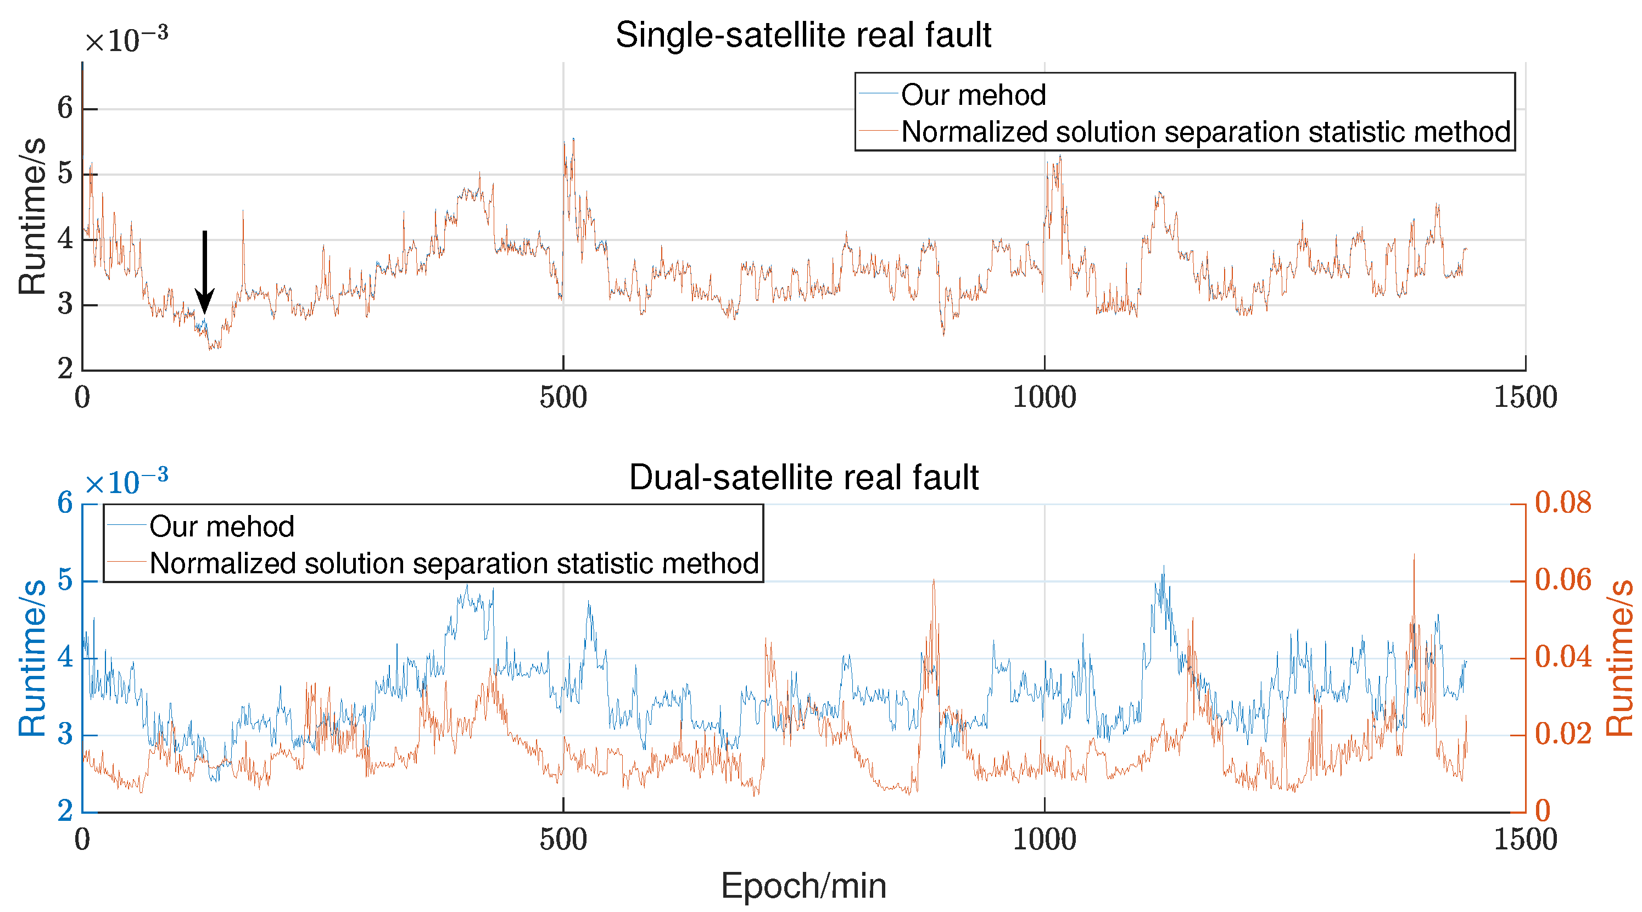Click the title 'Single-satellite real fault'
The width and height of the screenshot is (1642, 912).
point(802,35)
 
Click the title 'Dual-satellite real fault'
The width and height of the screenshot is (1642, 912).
point(803,477)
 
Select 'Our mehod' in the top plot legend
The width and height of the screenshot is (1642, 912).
point(973,95)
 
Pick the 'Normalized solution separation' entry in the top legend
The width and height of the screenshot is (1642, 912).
point(1205,132)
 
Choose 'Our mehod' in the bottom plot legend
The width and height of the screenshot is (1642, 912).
point(221,527)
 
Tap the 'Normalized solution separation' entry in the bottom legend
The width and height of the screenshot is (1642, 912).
point(454,563)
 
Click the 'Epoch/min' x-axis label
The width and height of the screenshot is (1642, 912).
point(803,886)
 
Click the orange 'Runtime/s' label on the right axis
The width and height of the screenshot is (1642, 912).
point(1619,658)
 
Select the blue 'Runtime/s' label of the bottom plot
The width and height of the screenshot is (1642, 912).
point(32,658)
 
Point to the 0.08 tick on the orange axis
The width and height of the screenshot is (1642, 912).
point(1563,503)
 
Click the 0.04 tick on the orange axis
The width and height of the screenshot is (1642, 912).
point(1563,657)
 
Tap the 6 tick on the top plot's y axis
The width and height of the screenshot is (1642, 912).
point(65,108)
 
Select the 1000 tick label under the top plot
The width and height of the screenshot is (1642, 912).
point(1044,398)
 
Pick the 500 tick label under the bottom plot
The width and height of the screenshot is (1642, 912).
point(563,840)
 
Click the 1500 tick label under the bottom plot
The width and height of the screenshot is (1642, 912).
point(1526,840)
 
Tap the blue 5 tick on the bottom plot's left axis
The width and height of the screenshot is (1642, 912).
point(65,580)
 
